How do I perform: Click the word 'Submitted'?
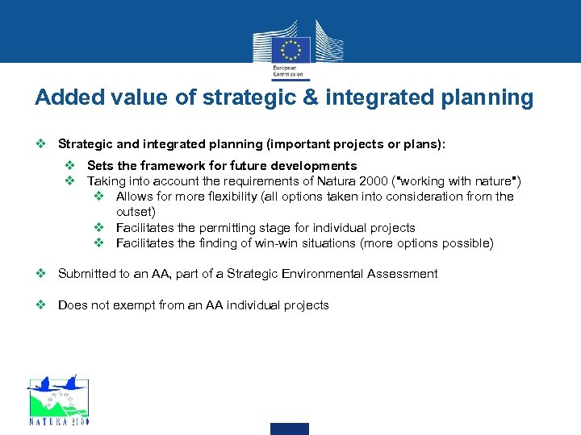[x=86, y=274]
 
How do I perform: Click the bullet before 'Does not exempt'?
[x=41, y=305]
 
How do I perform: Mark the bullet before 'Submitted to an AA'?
[x=41, y=274]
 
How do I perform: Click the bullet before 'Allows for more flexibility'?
[x=99, y=197]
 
